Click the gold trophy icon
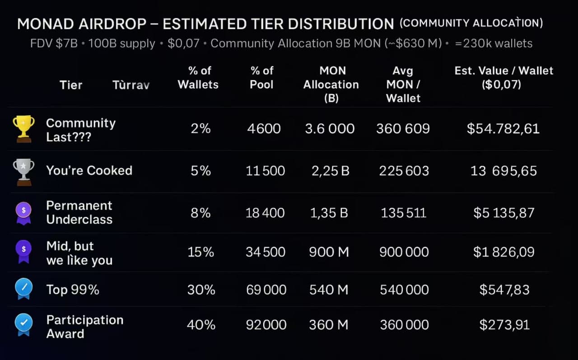(x=23, y=128)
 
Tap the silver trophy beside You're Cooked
(x=23, y=171)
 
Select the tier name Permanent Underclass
(x=79, y=212)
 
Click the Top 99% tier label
(x=72, y=290)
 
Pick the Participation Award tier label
(x=84, y=327)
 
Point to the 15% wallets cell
(x=200, y=252)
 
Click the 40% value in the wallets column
(x=200, y=325)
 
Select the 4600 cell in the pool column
(x=264, y=129)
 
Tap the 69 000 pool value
(x=266, y=290)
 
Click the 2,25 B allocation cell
(x=330, y=171)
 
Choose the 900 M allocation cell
(x=329, y=252)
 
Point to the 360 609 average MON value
(x=403, y=129)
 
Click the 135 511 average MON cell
(x=403, y=212)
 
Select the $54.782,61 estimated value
(x=503, y=129)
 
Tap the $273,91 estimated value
(x=504, y=325)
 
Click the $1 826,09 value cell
(x=503, y=252)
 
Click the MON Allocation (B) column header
(x=331, y=84)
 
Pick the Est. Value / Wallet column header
(x=503, y=77)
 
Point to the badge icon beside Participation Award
(x=23, y=324)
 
